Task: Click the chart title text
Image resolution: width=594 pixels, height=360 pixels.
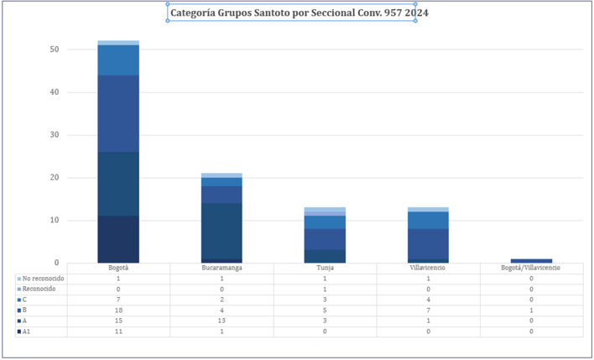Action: point(293,13)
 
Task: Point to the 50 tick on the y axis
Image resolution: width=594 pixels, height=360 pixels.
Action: point(54,50)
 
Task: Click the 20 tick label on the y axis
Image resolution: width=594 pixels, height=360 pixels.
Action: point(54,178)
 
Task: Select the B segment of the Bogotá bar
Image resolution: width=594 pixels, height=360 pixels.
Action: point(118,113)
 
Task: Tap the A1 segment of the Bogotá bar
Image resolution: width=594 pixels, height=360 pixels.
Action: point(118,239)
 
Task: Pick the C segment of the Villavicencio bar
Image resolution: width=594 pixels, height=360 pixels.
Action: point(428,220)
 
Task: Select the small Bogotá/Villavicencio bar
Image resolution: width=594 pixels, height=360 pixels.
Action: point(531,261)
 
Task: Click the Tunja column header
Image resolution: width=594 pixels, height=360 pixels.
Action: point(325,268)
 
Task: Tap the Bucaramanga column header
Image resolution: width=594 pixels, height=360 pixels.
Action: point(221,268)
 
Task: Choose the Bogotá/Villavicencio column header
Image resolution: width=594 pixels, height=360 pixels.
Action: point(531,268)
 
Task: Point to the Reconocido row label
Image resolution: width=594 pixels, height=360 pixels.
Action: point(39,289)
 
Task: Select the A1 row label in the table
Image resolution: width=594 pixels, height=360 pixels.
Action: point(27,331)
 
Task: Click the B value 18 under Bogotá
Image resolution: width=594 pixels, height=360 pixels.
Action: point(118,310)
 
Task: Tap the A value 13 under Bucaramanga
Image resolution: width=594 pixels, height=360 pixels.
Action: point(221,321)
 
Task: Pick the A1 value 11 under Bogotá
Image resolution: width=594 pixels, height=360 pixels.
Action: point(118,331)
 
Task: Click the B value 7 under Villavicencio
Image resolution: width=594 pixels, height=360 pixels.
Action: point(428,310)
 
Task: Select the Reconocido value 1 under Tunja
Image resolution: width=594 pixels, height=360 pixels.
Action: point(325,289)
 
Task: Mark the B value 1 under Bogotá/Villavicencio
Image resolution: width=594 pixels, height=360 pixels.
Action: point(531,310)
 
